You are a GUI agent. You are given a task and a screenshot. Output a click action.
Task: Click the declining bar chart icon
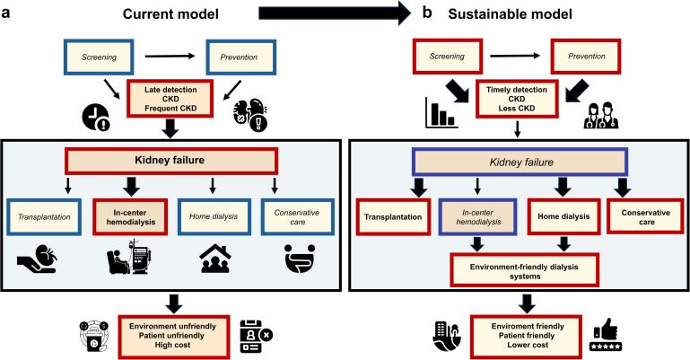[439, 115]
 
